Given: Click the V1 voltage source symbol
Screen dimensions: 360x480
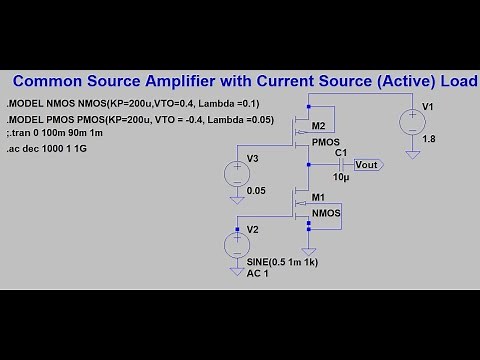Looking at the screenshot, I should [x=411, y=122].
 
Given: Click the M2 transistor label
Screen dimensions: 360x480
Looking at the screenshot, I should [x=318, y=127].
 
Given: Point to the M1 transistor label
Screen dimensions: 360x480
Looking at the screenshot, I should [x=319, y=198].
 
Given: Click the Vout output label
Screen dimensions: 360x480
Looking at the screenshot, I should [x=368, y=164].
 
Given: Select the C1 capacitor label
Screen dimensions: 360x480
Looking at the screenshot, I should [x=341, y=152].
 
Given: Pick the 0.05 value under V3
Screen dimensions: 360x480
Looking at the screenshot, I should [x=256, y=188].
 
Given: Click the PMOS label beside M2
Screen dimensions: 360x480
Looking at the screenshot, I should [x=326, y=142].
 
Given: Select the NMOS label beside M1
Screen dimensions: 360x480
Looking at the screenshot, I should [x=326, y=214].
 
